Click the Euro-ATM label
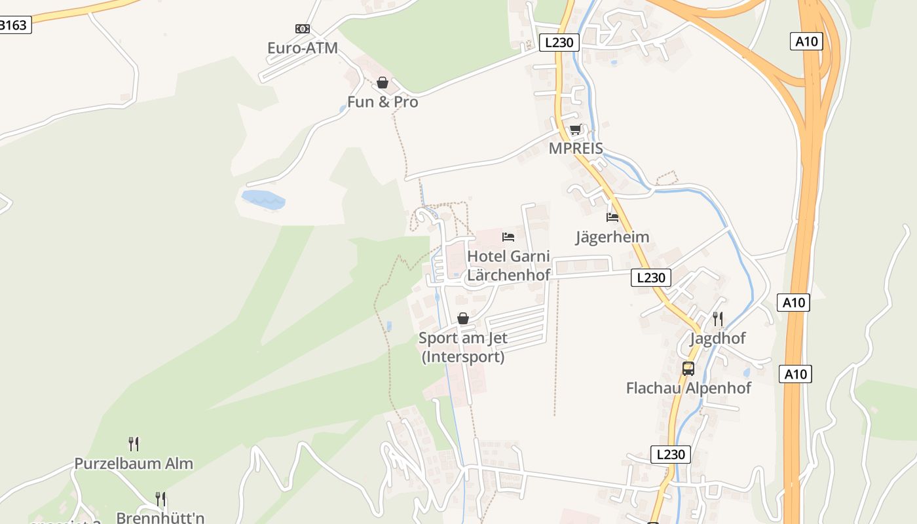click(x=302, y=48)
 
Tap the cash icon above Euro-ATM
click(x=302, y=29)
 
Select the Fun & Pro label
click(x=383, y=102)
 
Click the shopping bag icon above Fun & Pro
click(x=383, y=83)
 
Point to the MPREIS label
click(x=576, y=149)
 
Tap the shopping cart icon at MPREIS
click(x=575, y=130)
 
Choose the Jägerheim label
click(x=612, y=236)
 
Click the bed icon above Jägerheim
click(x=612, y=217)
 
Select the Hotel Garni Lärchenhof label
click(x=508, y=265)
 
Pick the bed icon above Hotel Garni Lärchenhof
click(x=508, y=237)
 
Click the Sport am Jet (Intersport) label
click(x=463, y=347)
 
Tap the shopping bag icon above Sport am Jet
click(x=463, y=319)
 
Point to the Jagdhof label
click(x=718, y=339)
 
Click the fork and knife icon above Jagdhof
click(x=718, y=319)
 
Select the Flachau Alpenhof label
click(x=688, y=388)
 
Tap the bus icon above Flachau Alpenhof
click(x=688, y=369)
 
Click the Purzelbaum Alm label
click(x=134, y=464)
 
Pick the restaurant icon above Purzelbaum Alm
click(x=134, y=444)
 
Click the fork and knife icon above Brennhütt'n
click(x=160, y=499)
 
